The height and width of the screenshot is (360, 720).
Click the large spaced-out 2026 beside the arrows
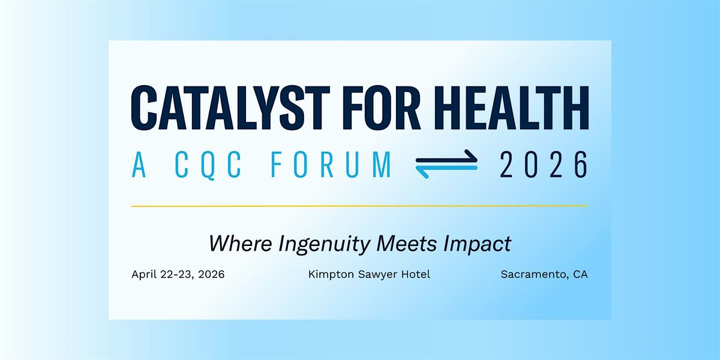click(544, 164)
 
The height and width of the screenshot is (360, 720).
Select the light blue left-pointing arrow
click(446, 170)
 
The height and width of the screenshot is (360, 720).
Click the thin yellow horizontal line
click(360, 206)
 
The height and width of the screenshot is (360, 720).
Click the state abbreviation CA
click(580, 275)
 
